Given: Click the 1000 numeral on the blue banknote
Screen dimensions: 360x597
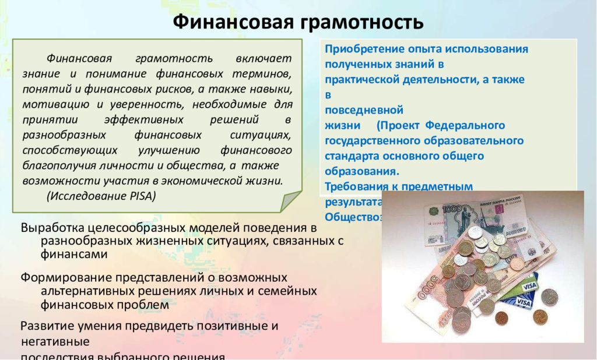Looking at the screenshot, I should click(452, 210).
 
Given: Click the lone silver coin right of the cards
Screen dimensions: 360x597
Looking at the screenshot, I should click(549, 297).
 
